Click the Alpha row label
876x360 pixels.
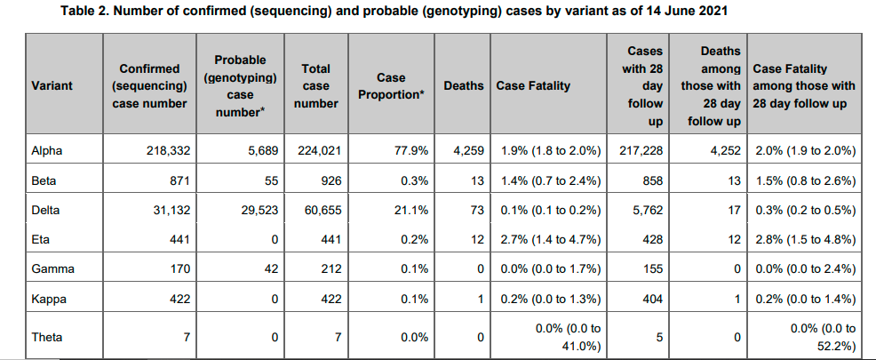[46, 151]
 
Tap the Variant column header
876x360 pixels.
[52, 86]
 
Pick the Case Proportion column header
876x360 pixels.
[391, 86]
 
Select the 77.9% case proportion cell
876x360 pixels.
[411, 151]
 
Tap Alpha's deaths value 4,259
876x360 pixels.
[466, 151]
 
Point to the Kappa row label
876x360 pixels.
[48, 298]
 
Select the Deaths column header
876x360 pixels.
[463, 86]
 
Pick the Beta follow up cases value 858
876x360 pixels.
[650, 180]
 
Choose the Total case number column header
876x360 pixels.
[315, 86]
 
